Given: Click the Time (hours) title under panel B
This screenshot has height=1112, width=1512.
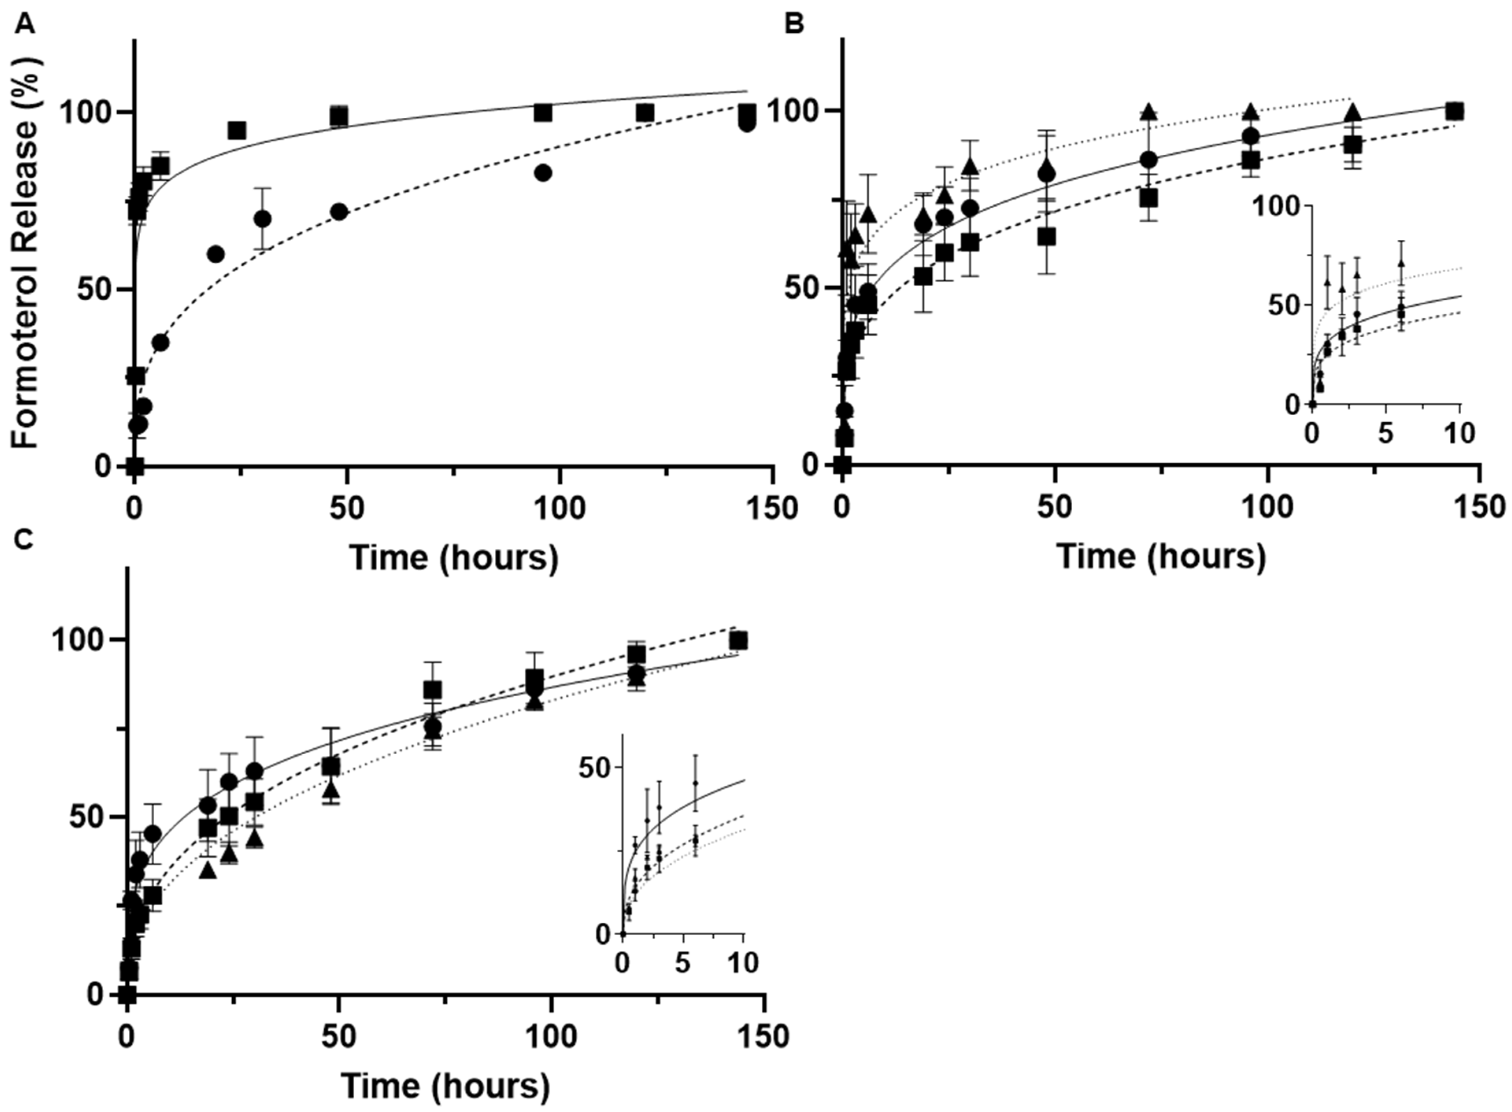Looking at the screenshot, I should coord(1161,557).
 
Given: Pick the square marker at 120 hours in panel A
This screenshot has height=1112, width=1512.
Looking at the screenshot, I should coord(645,113).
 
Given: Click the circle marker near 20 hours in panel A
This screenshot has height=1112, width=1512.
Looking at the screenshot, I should coord(215,254).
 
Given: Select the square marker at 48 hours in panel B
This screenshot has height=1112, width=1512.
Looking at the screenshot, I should coord(1046,238).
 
